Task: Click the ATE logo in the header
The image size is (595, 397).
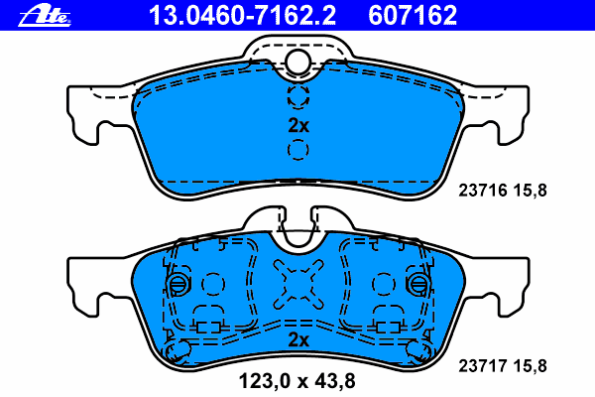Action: point(45,16)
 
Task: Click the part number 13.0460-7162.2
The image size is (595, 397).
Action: point(242,15)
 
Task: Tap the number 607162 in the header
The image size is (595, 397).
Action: point(413,15)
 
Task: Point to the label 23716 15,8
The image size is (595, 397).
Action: point(503,190)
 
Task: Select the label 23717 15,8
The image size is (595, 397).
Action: point(503,366)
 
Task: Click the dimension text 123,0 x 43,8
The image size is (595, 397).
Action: point(297,381)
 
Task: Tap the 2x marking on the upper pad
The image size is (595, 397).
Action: point(298,126)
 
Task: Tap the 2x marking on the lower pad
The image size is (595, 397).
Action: point(298,340)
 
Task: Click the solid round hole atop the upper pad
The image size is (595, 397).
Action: point(297,62)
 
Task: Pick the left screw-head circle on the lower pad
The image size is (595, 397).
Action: point(178,284)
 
